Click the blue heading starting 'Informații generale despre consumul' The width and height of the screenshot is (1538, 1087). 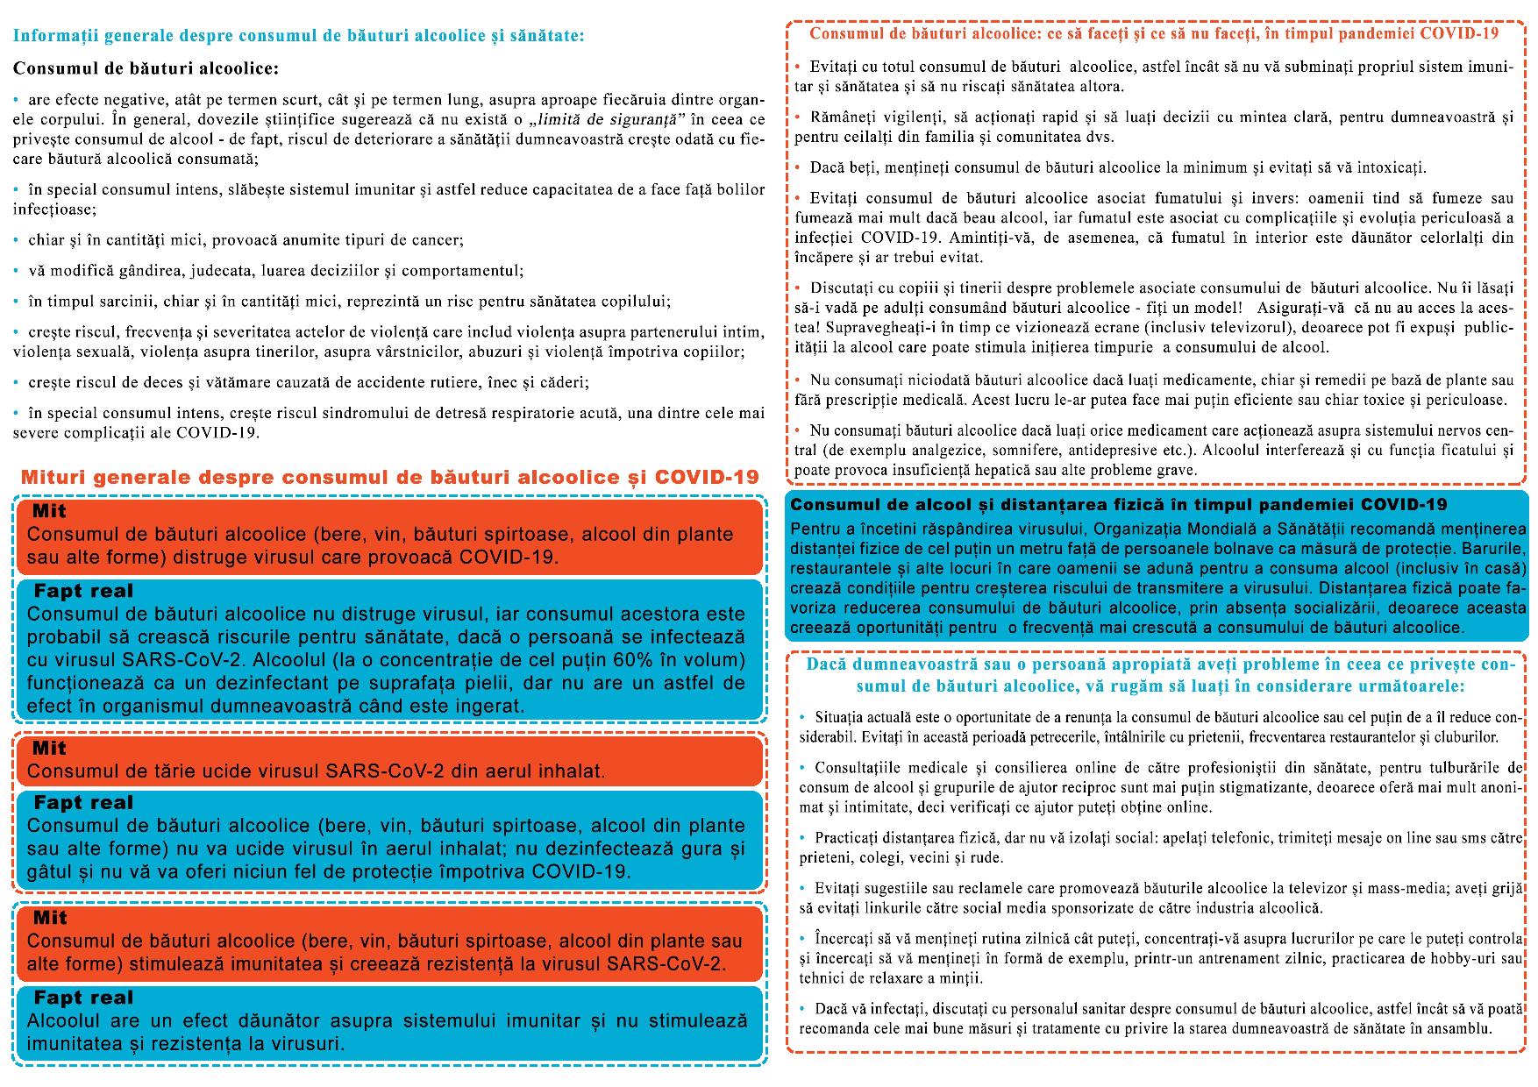click(x=298, y=36)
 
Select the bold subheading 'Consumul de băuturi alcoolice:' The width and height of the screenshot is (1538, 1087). click(x=146, y=67)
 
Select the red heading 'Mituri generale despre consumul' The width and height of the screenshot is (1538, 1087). click(x=389, y=478)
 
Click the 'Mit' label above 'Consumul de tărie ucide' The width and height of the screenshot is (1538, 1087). click(x=49, y=748)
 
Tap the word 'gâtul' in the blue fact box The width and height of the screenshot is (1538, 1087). click(x=51, y=871)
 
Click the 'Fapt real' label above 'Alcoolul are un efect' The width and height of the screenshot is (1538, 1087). click(x=83, y=998)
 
